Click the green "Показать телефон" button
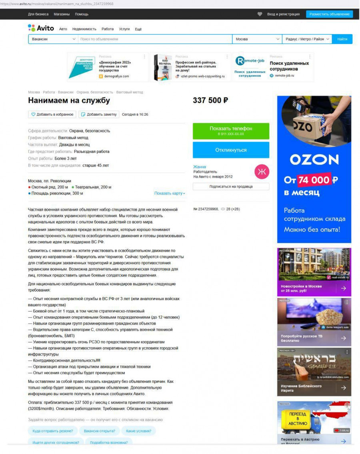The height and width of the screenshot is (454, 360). tap(231, 131)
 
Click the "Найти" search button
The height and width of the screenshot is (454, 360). tap(342, 39)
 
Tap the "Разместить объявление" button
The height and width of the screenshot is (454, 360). tap(329, 14)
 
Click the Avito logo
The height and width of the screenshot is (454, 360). tap(41, 28)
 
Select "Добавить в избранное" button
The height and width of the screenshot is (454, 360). tap(52, 114)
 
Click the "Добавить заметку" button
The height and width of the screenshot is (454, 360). tap(99, 114)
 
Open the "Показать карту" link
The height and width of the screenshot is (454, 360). tap(170, 194)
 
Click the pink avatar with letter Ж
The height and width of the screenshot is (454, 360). tap(262, 172)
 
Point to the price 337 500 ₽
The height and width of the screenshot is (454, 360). tap(210, 100)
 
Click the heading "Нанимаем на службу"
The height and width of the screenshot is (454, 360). tap(69, 101)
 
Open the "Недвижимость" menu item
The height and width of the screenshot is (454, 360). tap(84, 29)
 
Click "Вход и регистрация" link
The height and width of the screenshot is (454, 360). tap(283, 14)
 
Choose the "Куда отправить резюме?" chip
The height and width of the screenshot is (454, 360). tap(53, 431)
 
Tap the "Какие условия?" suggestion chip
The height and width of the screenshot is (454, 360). tap(138, 431)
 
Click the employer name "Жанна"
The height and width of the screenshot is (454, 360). tap(200, 167)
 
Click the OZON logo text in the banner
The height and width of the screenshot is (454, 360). tap(314, 160)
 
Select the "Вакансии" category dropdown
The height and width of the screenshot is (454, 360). tap(53, 39)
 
